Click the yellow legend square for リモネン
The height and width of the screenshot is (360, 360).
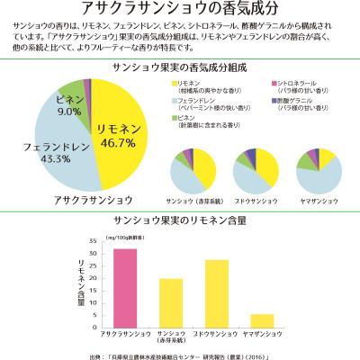click(173, 83)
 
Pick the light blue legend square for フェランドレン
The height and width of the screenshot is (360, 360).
click(173, 101)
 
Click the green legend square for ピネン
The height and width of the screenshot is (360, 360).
click(173, 119)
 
